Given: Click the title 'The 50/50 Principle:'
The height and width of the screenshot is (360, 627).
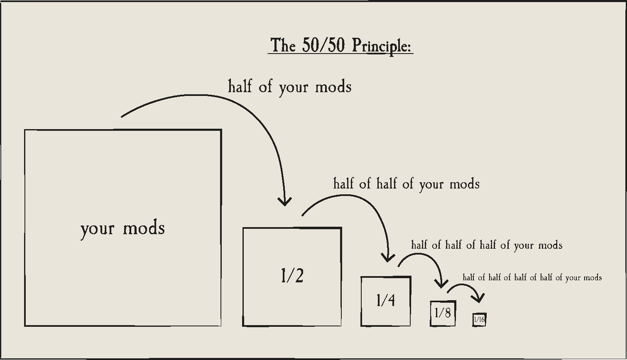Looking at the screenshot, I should [340, 45].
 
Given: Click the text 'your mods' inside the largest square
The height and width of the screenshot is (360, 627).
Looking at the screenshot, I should [122, 228].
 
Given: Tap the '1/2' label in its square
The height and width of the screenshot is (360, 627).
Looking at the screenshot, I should [292, 276].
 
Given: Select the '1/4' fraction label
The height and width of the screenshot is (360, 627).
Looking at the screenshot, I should [386, 300].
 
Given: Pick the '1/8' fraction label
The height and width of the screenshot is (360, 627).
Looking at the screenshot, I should [443, 313].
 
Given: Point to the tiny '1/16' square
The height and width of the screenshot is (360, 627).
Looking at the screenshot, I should [479, 320].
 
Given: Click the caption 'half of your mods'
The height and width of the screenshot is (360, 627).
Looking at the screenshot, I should [290, 87].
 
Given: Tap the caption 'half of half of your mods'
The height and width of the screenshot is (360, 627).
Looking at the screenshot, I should [407, 184].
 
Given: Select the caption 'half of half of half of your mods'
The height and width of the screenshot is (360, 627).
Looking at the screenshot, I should [487, 245].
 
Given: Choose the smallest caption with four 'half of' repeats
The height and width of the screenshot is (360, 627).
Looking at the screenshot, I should [532, 277].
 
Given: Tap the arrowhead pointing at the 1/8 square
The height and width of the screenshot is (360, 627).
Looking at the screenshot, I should [441, 284].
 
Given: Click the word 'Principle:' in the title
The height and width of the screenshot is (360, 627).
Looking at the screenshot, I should [382, 46].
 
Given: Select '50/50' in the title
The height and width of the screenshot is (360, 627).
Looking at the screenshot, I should [323, 45].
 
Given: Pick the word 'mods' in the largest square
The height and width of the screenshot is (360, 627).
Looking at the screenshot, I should [144, 228].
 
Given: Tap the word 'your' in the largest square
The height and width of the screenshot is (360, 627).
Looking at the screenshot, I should [97, 229].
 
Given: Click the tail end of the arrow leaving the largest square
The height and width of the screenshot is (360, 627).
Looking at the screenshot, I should [122, 117].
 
